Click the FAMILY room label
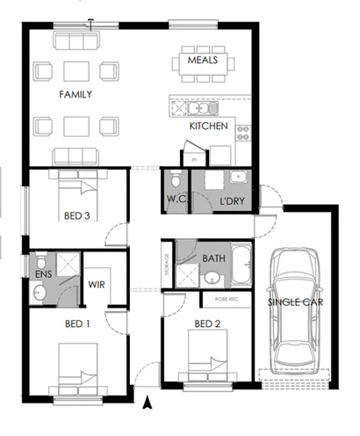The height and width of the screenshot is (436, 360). pos(76,93)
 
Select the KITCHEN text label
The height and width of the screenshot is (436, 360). pos(209,127)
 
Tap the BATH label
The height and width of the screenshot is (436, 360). pos(213,258)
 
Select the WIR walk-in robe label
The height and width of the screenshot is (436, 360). pos(97,285)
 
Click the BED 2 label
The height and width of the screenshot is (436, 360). pos(206,324)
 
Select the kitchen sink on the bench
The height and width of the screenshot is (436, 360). pos(193,108)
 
